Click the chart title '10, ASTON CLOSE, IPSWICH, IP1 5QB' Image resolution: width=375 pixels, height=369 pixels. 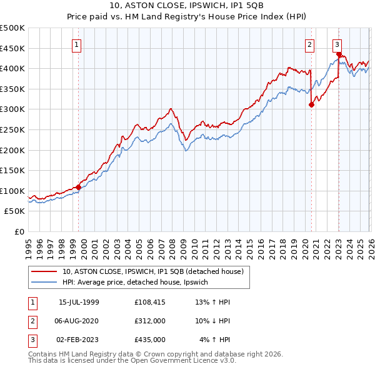[x=187, y=6]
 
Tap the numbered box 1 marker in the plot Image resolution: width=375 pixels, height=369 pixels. [x=76, y=44]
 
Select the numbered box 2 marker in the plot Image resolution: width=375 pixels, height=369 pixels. [x=309, y=44]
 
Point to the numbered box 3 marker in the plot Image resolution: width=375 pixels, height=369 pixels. [x=337, y=44]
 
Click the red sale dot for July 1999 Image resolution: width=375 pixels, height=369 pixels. [x=78, y=187]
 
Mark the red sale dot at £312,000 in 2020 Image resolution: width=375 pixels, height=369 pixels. [x=311, y=104]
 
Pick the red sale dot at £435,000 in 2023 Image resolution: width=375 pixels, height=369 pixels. [x=339, y=54]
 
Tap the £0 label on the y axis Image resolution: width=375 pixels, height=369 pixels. [x=19, y=231]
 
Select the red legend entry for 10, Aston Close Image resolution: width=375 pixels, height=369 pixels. [x=156, y=271]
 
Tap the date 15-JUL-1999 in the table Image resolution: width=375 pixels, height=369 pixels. [x=79, y=303]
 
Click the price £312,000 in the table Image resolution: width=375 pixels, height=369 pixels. [x=149, y=321]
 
